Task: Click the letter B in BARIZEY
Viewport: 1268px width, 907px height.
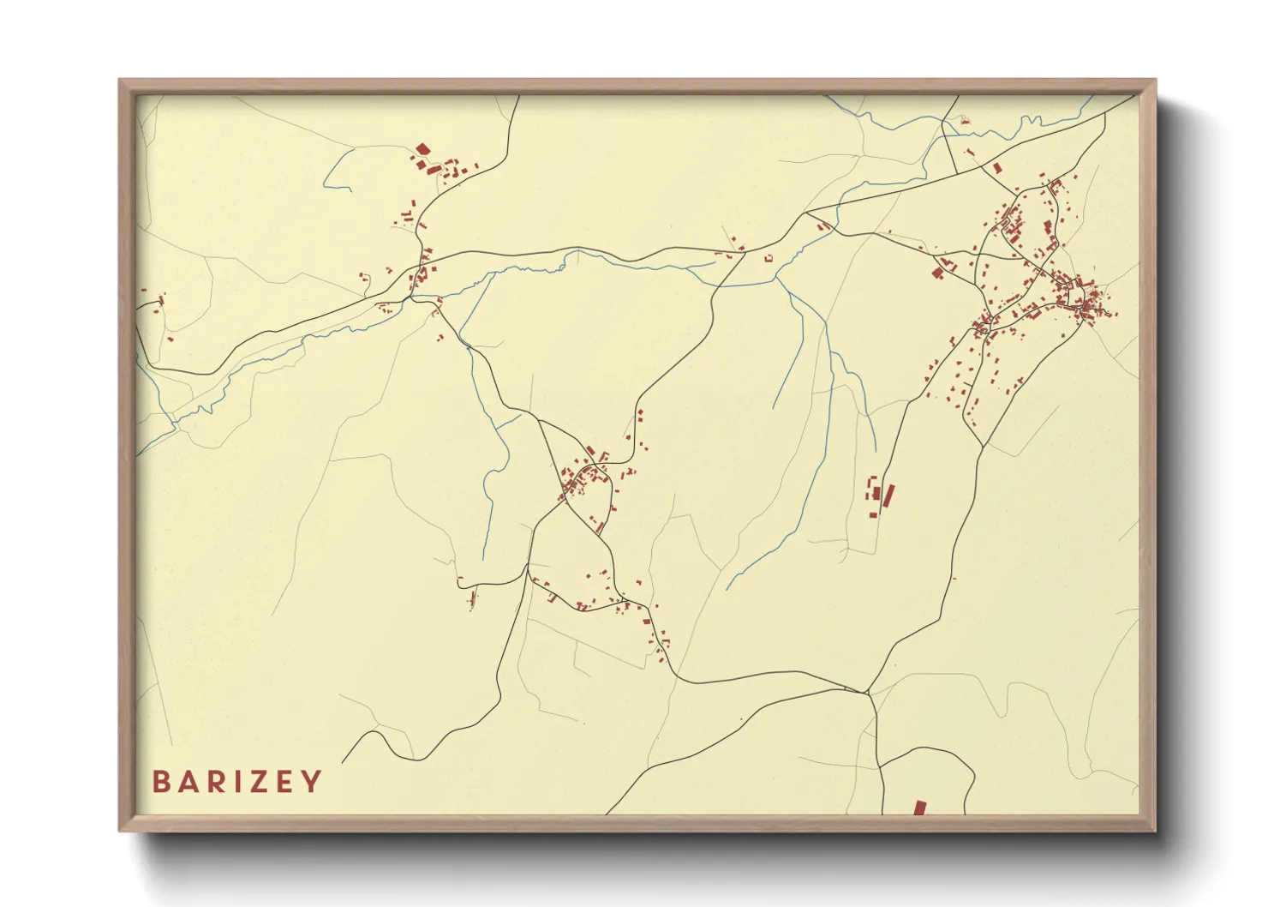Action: pyautogui.click(x=160, y=782)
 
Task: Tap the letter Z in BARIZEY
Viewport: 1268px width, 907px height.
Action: pyautogui.click(x=256, y=782)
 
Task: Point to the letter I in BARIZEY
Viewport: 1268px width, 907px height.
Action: pyautogui.click(x=234, y=782)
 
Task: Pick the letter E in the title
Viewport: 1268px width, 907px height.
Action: pyautogui.click(x=284, y=782)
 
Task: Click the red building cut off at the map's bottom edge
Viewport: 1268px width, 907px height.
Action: pyautogui.click(x=919, y=808)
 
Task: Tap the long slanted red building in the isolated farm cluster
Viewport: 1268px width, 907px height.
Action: pyautogui.click(x=888, y=496)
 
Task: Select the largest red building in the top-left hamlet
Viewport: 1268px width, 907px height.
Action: pyautogui.click(x=422, y=150)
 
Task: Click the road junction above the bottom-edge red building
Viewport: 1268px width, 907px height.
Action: pyautogui.click(x=867, y=692)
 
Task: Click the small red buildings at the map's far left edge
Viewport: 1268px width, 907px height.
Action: pyautogui.click(x=158, y=301)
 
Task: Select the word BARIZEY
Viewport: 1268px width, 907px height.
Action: pyautogui.click(x=236, y=782)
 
